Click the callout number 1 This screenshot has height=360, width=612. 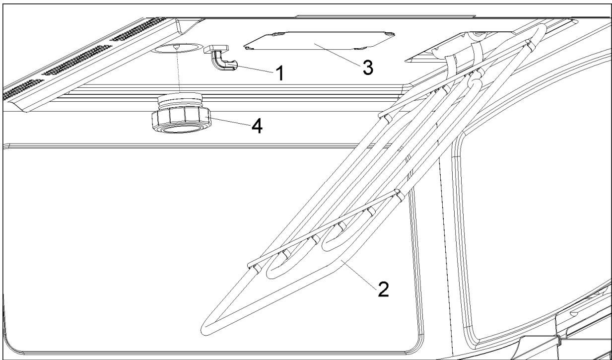click(279, 74)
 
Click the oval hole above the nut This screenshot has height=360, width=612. click(177, 49)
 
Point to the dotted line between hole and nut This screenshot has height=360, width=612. click(178, 74)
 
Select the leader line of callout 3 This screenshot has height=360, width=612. click(338, 55)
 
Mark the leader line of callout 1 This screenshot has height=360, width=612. click(255, 70)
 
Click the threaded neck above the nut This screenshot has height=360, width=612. click(179, 102)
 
